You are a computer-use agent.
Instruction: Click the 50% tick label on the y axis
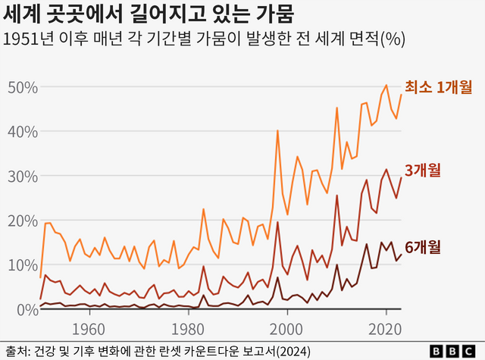23,87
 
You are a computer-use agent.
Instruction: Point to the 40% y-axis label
23,132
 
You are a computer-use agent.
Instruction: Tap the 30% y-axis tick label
23,176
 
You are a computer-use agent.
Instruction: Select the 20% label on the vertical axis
23,221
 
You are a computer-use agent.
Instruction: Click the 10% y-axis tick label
23,265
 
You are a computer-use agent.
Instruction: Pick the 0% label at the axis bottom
27,309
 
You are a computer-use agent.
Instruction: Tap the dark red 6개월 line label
423,246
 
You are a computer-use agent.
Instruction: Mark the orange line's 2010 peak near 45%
336,108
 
